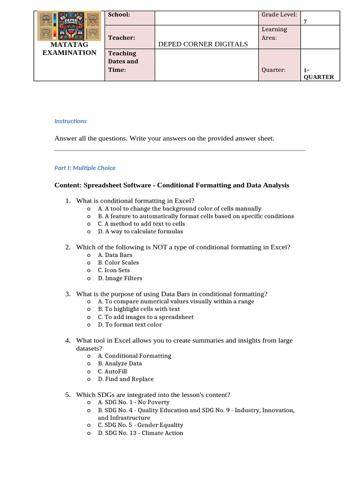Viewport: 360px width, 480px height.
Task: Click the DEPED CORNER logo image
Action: coord(69,26)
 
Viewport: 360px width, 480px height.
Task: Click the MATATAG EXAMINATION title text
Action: coord(69,49)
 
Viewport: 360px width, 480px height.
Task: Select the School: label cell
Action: coord(119,15)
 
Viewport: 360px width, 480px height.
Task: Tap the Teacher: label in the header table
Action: coord(121,37)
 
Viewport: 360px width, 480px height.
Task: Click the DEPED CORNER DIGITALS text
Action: coord(203,44)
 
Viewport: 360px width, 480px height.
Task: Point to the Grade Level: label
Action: coord(279,15)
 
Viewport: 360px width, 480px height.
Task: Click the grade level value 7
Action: coord(306,22)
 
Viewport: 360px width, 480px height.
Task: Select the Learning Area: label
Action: coord(274,33)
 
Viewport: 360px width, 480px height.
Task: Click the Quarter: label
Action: coord(274,70)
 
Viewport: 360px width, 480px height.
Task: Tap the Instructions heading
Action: coord(70,121)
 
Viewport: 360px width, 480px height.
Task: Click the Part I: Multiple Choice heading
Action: coord(85,168)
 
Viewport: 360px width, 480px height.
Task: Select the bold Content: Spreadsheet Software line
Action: coord(172,185)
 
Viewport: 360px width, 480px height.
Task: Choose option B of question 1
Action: coord(196,216)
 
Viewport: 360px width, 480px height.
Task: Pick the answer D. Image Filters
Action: coord(120,278)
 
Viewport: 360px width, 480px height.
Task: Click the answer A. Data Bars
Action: coord(115,255)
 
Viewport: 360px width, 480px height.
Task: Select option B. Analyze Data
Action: coord(120,363)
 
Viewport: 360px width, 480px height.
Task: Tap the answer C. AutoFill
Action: coord(112,371)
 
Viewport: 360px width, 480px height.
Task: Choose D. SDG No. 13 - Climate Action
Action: coord(140,433)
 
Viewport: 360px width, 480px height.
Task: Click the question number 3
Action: coord(68,294)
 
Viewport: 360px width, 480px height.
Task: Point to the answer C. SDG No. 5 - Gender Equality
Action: coord(140,425)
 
